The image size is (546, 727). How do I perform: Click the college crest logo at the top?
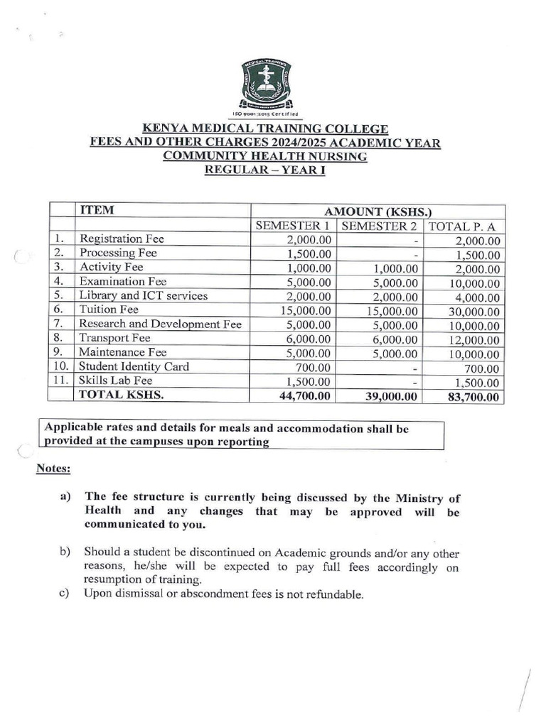(265, 87)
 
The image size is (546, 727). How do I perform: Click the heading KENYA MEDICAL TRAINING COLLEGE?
(266, 129)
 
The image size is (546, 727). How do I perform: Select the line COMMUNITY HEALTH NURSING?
(265, 156)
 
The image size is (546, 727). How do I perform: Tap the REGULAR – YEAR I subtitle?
(265, 170)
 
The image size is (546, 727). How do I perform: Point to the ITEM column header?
(97, 211)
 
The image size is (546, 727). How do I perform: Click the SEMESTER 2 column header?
(379, 226)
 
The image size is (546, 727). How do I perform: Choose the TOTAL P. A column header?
(464, 226)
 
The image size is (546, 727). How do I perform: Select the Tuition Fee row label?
(109, 310)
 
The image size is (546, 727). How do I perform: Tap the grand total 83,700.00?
(473, 397)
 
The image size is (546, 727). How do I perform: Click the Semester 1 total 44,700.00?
(304, 396)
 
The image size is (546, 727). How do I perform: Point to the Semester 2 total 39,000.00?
(389, 396)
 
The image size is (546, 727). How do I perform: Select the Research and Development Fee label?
(161, 324)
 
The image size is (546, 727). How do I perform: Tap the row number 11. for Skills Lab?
(62, 381)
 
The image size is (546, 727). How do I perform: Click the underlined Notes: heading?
(53, 469)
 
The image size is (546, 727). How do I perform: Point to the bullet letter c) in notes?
(64, 594)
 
